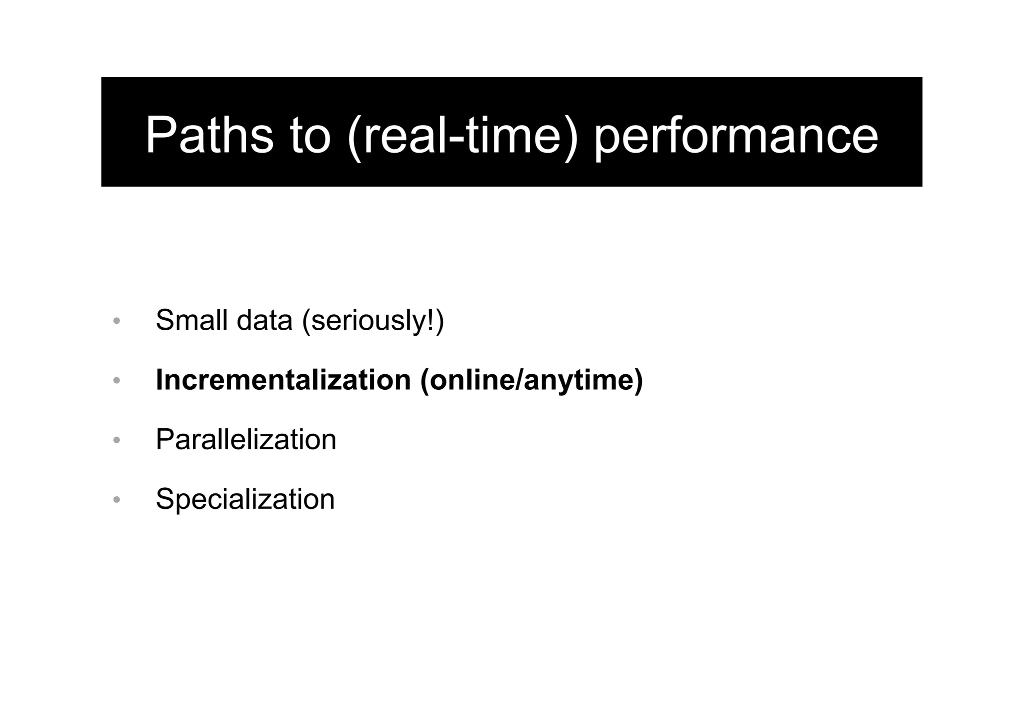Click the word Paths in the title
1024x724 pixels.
coord(209,136)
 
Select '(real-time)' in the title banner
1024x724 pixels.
coord(462,136)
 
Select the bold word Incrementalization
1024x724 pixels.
coord(283,380)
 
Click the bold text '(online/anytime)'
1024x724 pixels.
coord(531,381)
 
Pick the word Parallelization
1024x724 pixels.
coord(245,440)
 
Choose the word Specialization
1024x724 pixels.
coord(245,499)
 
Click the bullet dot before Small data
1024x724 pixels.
coord(116,321)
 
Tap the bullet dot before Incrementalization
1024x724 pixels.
coord(116,381)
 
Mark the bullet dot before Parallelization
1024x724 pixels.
coord(116,440)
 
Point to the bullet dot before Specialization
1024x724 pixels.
coord(116,500)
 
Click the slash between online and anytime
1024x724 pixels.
coord(520,380)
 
